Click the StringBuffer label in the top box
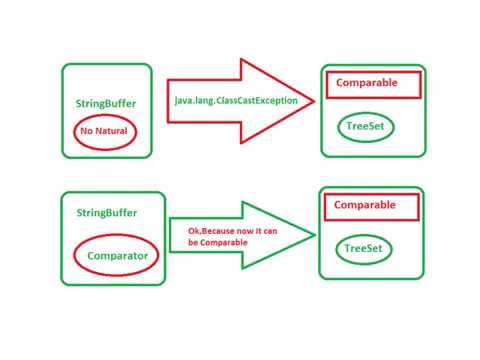105,104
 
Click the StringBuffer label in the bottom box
105,213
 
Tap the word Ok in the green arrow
194,231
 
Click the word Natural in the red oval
114,131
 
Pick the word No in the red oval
88,131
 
